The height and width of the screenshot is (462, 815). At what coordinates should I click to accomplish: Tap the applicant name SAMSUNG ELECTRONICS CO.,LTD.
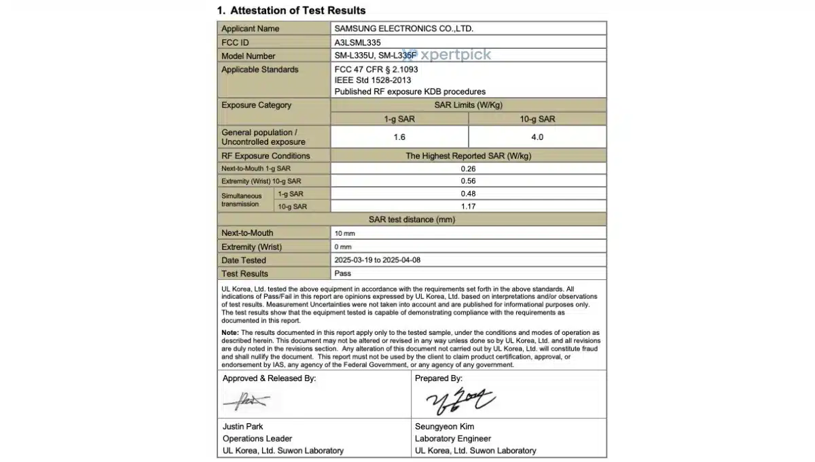pyautogui.click(x=403, y=29)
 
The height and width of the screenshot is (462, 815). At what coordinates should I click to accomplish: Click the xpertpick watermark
pyautogui.click(x=455, y=55)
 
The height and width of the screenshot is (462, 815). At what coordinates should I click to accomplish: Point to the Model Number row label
pyautogui.click(x=249, y=56)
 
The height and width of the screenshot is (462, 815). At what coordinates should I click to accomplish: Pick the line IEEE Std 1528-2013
pyautogui.click(x=374, y=80)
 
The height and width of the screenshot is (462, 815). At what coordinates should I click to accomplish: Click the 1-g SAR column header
pyautogui.click(x=399, y=119)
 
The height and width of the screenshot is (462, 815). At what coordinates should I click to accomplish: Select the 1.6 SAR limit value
pyautogui.click(x=399, y=137)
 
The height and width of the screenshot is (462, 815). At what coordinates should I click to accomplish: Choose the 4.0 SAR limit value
pyautogui.click(x=537, y=137)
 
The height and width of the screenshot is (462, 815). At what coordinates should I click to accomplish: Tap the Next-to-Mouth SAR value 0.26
pyautogui.click(x=468, y=168)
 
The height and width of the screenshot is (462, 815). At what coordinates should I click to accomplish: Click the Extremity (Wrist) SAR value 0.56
pyautogui.click(x=468, y=181)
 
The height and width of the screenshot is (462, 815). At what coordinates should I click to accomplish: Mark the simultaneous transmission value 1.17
pyautogui.click(x=468, y=206)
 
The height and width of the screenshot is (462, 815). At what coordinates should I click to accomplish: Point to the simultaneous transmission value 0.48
pyautogui.click(x=468, y=194)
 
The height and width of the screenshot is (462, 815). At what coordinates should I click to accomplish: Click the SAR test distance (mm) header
pyautogui.click(x=412, y=219)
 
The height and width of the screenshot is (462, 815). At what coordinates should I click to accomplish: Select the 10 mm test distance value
pyautogui.click(x=344, y=233)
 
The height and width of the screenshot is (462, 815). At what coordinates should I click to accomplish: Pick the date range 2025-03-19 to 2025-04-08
pyautogui.click(x=382, y=260)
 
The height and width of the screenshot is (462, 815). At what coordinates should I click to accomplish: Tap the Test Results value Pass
pyautogui.click(x=343, y=273)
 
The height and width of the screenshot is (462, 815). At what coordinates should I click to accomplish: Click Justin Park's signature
pyautogui.click(x=246, y=402)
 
